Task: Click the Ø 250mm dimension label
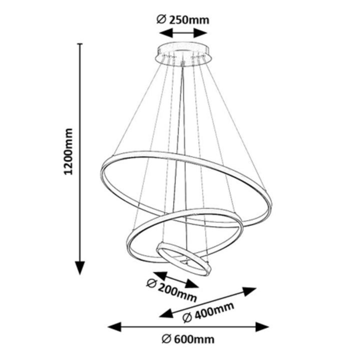[x=182, y=20]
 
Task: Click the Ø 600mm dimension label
[x=188, y=339]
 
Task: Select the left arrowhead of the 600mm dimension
[x=114, y=327]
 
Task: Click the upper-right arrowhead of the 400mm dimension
[x=250, y=290]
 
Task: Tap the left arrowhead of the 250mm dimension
[x=163, y=33]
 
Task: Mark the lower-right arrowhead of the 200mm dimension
[x=193, y=285]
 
